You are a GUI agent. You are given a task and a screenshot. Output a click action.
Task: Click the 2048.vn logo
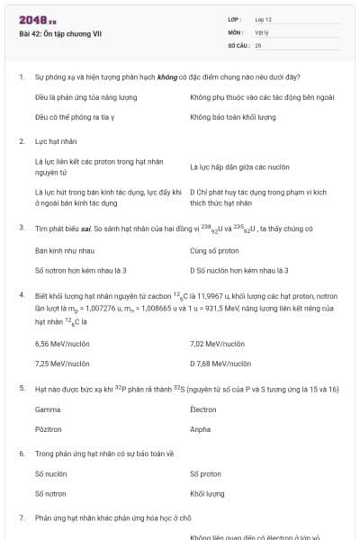click(x=37, y=19)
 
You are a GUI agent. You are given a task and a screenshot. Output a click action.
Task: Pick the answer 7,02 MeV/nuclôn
click(x=218, y=343)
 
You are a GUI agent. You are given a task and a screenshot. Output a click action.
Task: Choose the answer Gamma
click(x=48, y=409)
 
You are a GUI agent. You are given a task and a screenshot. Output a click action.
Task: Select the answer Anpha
click(x=201, y=429)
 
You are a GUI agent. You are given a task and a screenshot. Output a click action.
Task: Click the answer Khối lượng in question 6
click(x=207, y=493)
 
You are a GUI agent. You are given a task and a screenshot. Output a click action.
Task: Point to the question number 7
click(x=22, y=518)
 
